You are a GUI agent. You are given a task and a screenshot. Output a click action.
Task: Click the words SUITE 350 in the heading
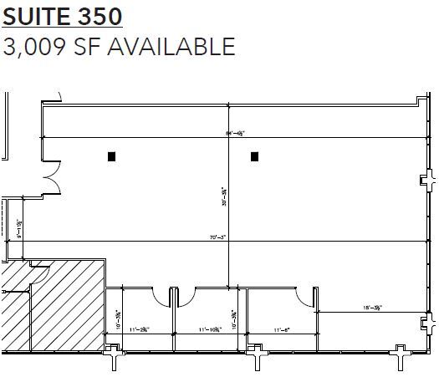[x=63, y=16]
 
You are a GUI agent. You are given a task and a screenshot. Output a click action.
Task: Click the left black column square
[x=111, y=155]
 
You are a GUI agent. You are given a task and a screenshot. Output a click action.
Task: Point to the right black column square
[x=255, y=155]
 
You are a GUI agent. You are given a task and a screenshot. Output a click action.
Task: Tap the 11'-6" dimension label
[x=283, y=331]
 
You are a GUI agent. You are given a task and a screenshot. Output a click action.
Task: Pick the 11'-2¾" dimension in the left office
[x=139, y=331]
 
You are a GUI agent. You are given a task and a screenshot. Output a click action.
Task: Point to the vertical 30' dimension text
[x=223, y=197]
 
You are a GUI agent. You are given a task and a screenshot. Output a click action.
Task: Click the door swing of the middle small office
[x=186, y=294]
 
